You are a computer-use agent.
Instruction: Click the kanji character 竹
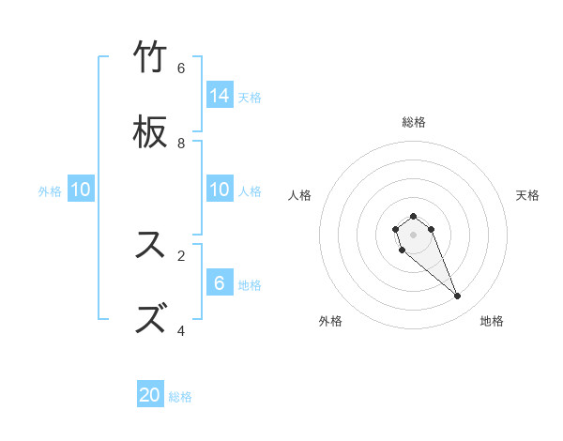click(x=151, y=57)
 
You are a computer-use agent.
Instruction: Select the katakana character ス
click(x=151, y=245)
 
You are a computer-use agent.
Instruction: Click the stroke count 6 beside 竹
click(x=181, y=68)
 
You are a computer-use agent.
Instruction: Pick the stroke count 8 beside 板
click(x=181, y=143)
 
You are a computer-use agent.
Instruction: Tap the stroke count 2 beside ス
click(x=181, y=254)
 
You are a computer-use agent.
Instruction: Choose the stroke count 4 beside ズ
click(x=181, y=330)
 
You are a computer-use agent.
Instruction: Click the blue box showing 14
click(x=220, y=96)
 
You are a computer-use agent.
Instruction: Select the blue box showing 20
click(x=150, y=396)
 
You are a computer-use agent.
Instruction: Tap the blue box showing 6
click(x=220, y=283)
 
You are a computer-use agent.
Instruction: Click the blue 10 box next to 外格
click(x=81, y=190)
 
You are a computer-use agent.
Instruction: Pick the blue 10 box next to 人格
click(x=220, y=190)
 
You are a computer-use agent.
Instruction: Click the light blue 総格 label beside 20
click(x=180, y=397)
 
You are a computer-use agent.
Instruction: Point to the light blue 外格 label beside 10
click(x=50, y=191)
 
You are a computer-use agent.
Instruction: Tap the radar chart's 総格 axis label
click(x=414, y=122)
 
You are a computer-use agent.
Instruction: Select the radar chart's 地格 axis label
click(x=492, y=321)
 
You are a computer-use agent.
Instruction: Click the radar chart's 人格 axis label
click(x=300, y=195)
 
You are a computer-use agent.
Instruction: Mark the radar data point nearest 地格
click(x=458, y=297)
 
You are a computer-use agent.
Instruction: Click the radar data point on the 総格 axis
click(x=413, y=216)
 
